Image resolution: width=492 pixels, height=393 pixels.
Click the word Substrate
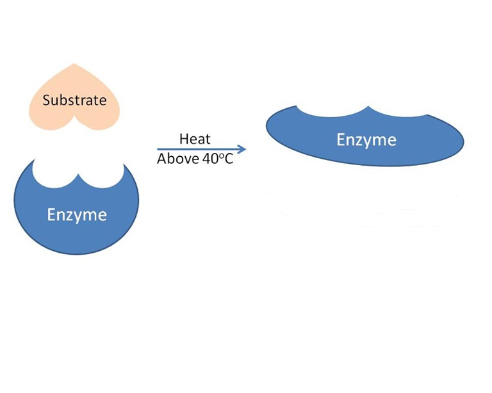pos(74,100)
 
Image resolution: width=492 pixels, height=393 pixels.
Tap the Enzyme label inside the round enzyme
pos(76,214)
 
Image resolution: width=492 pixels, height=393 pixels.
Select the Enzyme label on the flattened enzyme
pos(366,140)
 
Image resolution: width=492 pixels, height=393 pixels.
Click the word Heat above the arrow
pos(195,139)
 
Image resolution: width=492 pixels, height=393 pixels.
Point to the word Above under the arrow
pos(177,159)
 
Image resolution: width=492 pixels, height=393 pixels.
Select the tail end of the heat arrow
pos(158,149)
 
